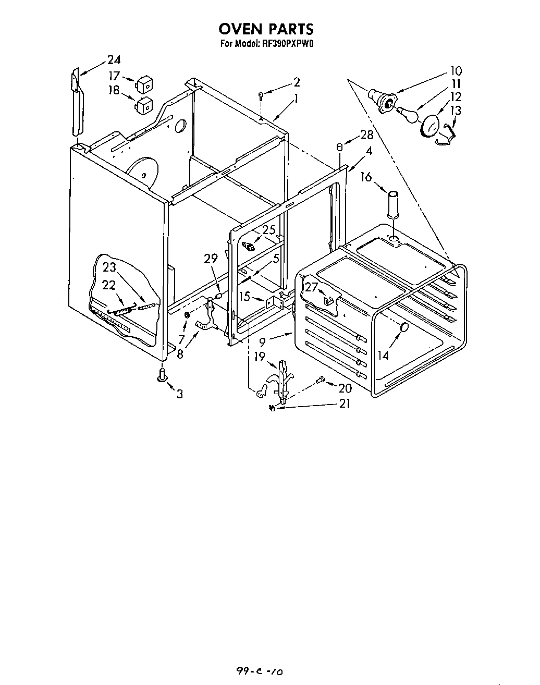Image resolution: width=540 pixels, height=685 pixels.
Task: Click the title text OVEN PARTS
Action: pyautogui.click(x=266, y=28)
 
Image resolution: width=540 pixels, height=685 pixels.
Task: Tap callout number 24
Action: pyautogui.click(x=114, y=59)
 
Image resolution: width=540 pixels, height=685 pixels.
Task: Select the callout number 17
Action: pyautogui.click(x=114, y=76)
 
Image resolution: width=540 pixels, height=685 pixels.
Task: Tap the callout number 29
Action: pyautogui.click(x=211, y=259)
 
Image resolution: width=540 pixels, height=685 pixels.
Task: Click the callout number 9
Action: pyautogui.click(x=262, y=342)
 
